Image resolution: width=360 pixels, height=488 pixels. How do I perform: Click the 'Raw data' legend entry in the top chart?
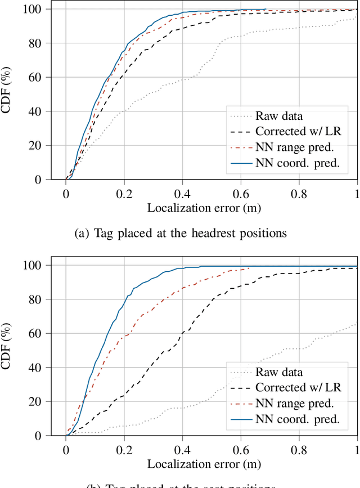click(279, 117)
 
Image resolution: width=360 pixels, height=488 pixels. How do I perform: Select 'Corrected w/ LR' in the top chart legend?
click(298, 132)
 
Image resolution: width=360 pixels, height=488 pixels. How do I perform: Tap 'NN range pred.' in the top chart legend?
click(295, 148)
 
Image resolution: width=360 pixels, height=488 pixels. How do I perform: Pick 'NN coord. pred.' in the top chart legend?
click(297, 164)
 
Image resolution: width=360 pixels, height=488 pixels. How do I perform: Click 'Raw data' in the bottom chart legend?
click(279, 372)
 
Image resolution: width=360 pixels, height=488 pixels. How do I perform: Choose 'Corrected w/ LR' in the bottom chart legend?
click(298, 388)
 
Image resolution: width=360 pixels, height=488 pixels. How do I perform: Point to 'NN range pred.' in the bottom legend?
click(295, 404)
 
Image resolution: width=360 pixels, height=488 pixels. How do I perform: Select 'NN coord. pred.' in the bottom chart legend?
click(297, 419)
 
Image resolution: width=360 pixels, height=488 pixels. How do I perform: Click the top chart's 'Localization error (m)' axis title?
click(204, 208)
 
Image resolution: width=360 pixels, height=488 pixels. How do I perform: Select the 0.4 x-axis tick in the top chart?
click(182, 193)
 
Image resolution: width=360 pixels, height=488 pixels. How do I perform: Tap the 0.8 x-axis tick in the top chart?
click(299, 193)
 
